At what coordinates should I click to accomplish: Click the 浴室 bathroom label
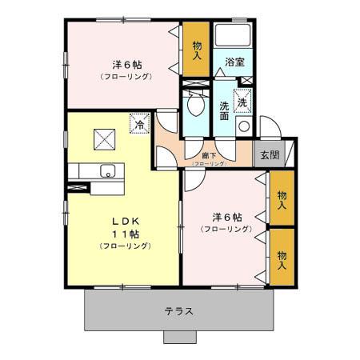[x=234, y=62]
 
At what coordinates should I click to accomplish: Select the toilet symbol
[x=194, y=103]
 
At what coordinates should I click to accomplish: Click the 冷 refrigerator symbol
[x=139, y=124]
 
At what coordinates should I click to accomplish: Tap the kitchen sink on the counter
[x=107, y=171]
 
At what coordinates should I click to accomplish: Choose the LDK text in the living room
[x=124, y=220]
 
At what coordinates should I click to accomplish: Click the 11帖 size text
[x=124, y=234]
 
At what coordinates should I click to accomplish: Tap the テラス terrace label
[x=178, y=311]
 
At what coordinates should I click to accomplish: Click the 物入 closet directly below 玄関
[x=281, y=200]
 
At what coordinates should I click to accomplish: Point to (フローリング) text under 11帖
[x=124, y=246]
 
